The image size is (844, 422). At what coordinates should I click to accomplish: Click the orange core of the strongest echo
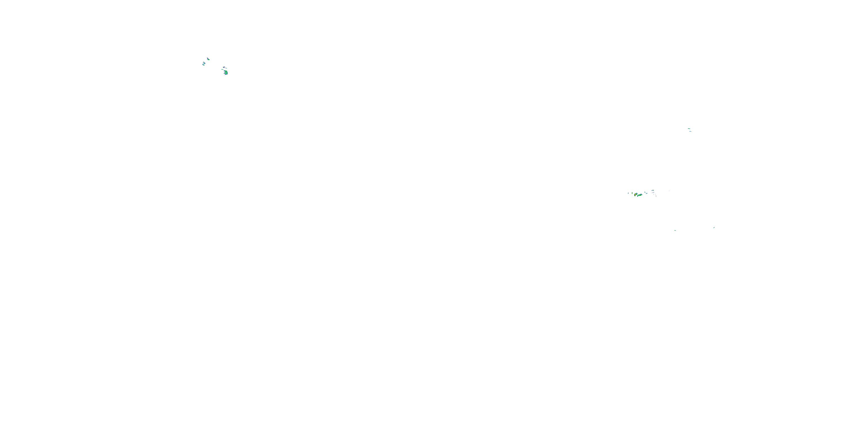(635, 195)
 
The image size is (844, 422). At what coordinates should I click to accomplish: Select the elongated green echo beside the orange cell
(640, 195)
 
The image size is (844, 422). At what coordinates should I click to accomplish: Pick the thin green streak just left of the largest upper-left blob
(223, 69)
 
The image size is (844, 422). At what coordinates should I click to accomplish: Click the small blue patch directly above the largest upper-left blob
(224, 67)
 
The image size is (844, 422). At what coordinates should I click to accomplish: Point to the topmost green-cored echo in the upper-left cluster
(208, 59)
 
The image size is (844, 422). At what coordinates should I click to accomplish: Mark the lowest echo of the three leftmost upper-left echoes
(203, 65)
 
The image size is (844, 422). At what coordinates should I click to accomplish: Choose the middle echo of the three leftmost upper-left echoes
(205, 63)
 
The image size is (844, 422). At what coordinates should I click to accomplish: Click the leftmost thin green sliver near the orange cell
(628, 193)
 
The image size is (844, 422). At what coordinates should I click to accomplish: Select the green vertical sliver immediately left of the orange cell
(632, 193)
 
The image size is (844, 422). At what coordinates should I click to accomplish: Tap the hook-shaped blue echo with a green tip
(653, 191)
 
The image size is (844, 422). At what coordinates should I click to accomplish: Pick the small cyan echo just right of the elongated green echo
(647, 194)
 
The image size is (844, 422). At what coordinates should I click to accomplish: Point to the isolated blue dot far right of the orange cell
(669, 191)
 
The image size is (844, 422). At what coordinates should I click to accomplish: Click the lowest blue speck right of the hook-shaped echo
(656, 196)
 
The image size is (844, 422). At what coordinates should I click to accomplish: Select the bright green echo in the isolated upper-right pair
(689, 129)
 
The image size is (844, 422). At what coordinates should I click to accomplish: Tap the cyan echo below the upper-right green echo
(690, 131)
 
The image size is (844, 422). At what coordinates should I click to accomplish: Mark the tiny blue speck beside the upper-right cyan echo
(691, 132)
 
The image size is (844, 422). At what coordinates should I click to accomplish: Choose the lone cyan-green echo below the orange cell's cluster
(675, 230)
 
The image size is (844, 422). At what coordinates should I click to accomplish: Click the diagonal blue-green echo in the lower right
(713, 227)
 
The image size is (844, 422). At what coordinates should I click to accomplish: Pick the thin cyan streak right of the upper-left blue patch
(226, 68)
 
